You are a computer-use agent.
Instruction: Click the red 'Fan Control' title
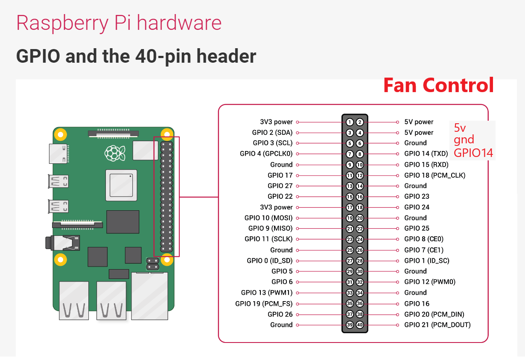[x=438, y=85]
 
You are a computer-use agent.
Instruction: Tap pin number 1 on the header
[x=350, y=122]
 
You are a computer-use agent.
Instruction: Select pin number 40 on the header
[x=360, y=325]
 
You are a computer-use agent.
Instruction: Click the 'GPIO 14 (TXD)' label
[x=426, y=154]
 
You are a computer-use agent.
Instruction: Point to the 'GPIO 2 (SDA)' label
[x=272, y=133]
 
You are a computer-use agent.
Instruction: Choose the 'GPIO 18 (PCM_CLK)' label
[x=435, y=175]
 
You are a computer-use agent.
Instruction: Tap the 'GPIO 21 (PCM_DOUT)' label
[x=437, y=325]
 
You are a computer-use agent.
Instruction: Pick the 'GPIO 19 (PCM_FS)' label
[x=264, y=304]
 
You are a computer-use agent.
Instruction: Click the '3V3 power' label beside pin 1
[x=276, y=122]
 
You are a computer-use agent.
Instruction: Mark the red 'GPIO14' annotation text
[x=473, y=153]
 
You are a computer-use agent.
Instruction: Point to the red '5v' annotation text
[x=459, y=128]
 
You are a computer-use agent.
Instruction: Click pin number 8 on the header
[x=360, y=154]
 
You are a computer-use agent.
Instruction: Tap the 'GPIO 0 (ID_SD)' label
[x=270, y=261]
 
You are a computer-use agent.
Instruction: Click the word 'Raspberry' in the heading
[x=62, y=23]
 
